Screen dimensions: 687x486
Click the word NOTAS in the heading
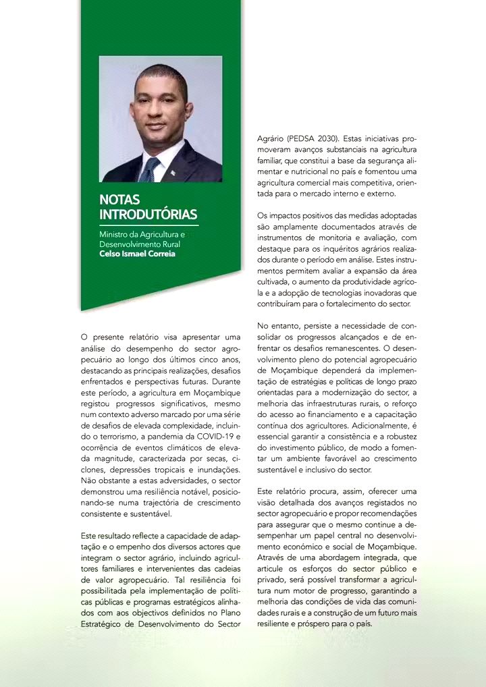[119, 200]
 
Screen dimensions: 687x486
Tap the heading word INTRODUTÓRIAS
[148, 215]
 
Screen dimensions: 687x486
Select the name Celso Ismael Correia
[137, 254]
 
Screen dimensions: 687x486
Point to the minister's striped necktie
[148, 169]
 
